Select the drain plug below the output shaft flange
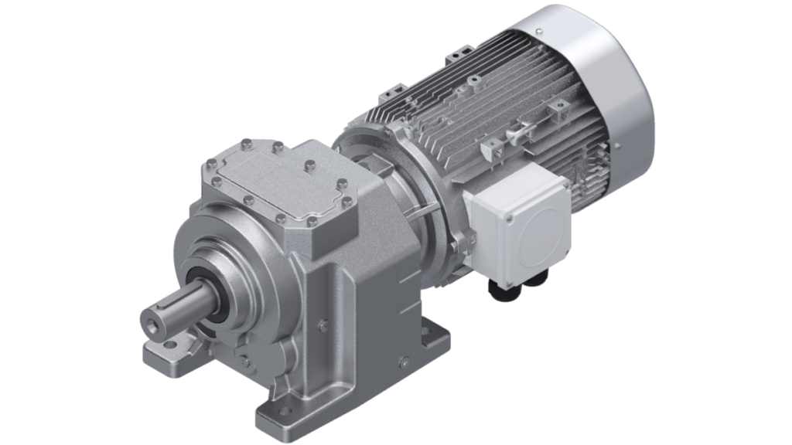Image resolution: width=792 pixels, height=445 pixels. [x=245, y=356]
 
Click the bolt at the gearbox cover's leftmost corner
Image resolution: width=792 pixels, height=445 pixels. [x=208, y=164]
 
